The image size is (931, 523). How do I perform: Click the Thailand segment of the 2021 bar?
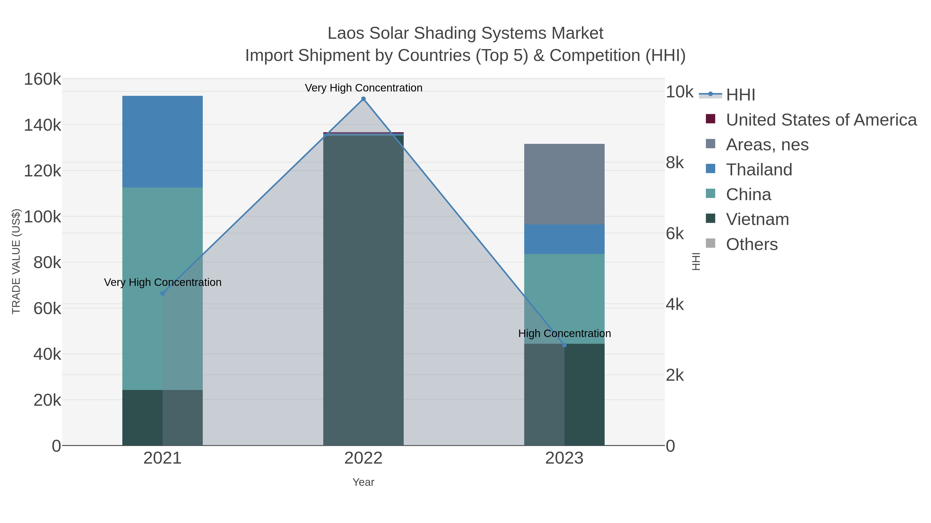162,142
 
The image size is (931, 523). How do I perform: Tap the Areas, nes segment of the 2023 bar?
564,184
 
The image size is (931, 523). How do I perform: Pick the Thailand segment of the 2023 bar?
564,239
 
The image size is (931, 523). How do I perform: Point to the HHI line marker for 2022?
363,99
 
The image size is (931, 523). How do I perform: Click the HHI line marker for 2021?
162,293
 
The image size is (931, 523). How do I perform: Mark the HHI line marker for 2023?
564,345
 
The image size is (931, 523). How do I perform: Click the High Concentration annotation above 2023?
564,333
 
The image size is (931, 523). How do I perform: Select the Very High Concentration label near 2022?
363,88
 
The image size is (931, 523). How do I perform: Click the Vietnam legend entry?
757,220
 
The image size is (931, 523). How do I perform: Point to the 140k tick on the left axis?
42,126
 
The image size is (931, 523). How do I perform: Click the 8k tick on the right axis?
674,163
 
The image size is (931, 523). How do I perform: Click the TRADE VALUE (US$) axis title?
16,261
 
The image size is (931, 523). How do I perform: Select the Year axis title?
363,482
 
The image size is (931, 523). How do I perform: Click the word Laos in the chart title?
346,33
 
